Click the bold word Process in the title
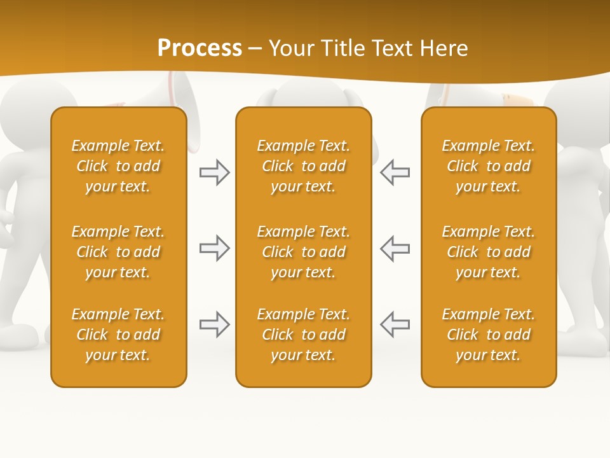(x=200, y=48)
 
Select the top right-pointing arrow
(x=215, y=172)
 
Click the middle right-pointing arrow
(x=215, y=248)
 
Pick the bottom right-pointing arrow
(x=215, y=324)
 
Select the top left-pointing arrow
(x=395, y=172)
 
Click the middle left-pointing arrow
(x=395, y=248)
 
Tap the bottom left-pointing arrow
(x=395, y=324)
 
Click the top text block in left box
(x=118, y=166)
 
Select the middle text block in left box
(x=118, y=252)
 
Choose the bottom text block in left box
(x=118, y=335)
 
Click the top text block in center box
(x=304, y=166)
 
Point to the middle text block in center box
(x=304, y=252)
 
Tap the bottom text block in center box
(x=304, y=335)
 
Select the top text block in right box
(x=489, y=166)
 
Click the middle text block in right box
(x=489, y=252)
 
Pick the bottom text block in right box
(x=489, y=335)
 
